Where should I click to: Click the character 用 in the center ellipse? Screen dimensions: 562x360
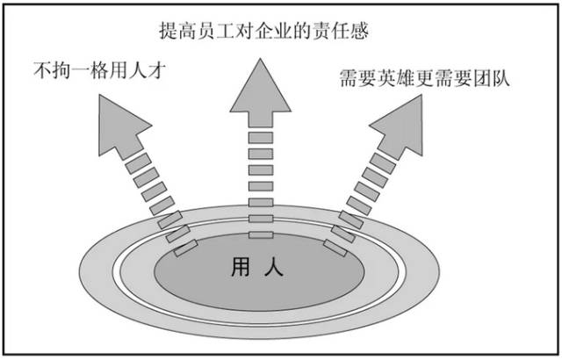point(241,267)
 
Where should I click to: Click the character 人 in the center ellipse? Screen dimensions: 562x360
point(274,267)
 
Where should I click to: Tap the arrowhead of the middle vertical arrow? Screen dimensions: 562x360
point(261,93)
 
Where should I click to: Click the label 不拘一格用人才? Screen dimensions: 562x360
point(100,70)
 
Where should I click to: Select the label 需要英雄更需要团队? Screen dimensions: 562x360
point(425,78)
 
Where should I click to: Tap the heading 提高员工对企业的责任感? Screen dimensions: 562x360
point(264,30)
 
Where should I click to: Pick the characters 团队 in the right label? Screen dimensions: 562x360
point(492,78)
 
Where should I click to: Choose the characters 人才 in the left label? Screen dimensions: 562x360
point(148,70)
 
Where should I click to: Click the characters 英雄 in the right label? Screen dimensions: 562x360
point(396,78)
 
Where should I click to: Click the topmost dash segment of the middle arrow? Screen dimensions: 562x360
point(261,138)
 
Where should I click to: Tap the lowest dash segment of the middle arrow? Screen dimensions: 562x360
point(261,235)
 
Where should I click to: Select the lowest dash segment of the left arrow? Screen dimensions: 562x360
point(185,248)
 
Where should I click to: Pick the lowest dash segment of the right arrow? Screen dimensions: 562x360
point(335,248)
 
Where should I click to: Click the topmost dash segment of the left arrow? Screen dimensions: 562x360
point(138,163)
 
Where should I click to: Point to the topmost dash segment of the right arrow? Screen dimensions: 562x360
point(383,163)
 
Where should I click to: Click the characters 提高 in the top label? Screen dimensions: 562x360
point(177,30)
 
